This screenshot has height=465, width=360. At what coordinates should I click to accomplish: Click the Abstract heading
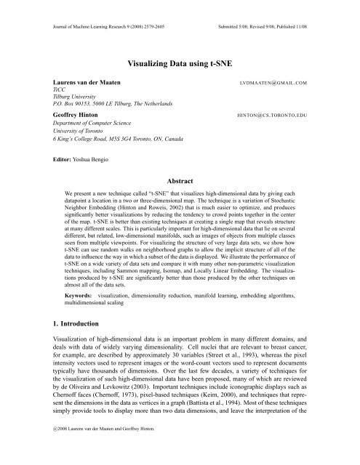pos(180,178)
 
